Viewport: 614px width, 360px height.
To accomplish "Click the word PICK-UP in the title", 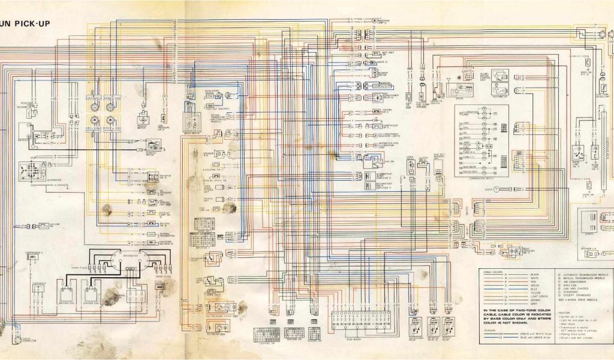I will pyautogui.click(x=34, y=24).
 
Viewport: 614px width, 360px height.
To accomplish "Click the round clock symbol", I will pyautogui.click(x=496, y=190).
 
